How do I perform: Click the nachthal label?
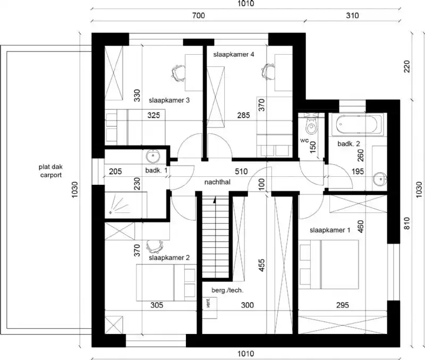pyautogui.click(x=216, y=182)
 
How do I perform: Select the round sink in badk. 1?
pyautogui.click(x=152, y=157)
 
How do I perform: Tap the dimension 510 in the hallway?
pyautogui.click(x=242, y=171)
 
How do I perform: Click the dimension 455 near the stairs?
pyautogui.click(x=260, y=265)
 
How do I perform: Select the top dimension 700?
pyautogui.click(x=198, y=15)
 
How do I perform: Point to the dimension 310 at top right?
pyautogui.click(x=352, y=15)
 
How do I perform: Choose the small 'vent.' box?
pyautogui.click(x=208, y=303)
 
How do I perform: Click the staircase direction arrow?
pyautogui.click(x=215, y=201)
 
